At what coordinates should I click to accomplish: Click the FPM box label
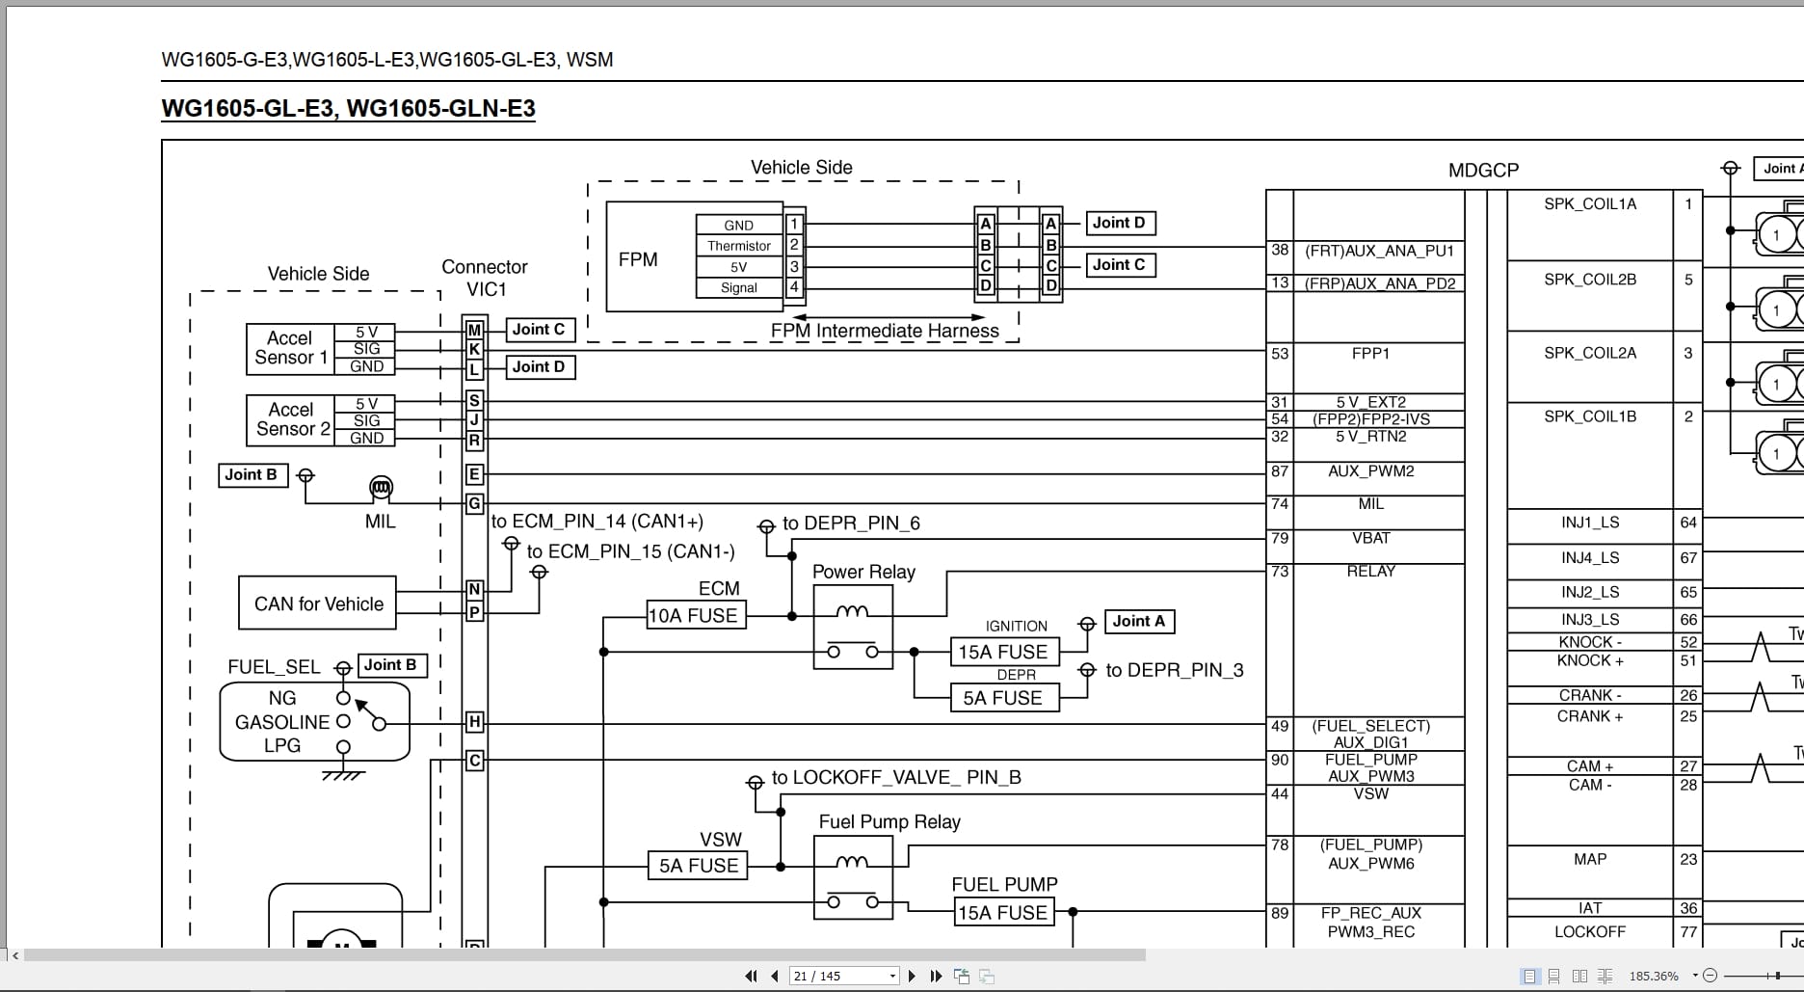638,259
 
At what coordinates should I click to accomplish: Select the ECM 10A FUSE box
692,615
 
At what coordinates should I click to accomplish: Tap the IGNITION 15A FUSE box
1002,652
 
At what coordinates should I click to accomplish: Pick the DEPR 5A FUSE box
1002,698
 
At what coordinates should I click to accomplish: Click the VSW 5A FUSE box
698,866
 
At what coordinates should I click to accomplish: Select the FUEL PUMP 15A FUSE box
1002,912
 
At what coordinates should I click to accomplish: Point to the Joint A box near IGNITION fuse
1138,622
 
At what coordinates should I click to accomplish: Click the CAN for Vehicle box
318,603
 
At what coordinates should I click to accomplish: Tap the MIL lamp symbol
382,489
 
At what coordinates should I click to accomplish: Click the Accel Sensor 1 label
290,348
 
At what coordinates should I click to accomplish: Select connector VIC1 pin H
474,721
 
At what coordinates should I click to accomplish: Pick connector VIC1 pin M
474,330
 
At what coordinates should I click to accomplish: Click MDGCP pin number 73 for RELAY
1280,571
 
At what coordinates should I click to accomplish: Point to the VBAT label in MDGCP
1370,538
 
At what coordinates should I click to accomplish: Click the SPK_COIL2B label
1589,280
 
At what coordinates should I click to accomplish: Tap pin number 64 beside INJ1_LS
1687,523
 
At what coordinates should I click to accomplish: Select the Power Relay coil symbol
852,611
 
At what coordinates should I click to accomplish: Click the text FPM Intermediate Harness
885,331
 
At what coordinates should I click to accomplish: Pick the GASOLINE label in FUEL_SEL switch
282,722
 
